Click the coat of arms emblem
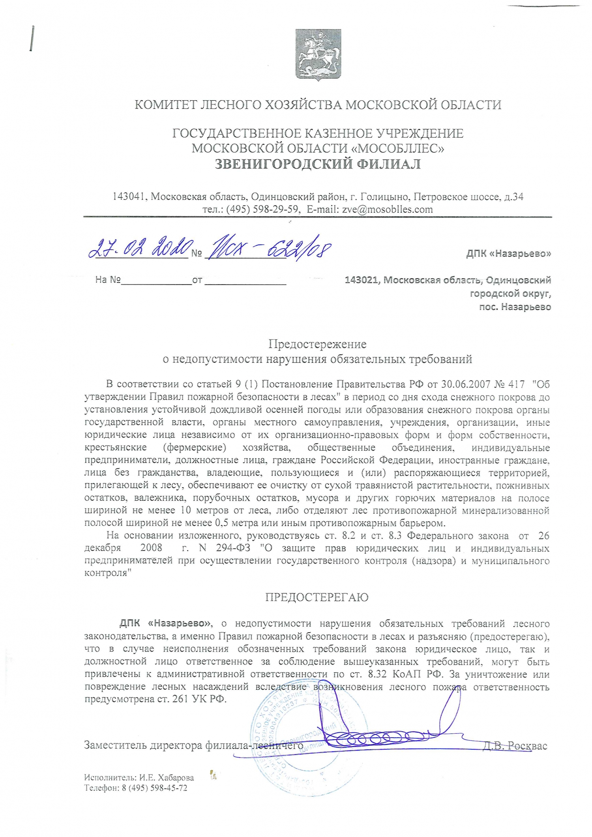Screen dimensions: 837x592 pos(318,55)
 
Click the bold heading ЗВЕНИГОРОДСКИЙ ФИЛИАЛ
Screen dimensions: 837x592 pos(317,164)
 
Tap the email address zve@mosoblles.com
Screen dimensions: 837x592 pos(387,210)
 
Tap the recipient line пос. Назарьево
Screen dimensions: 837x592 pos(515,307)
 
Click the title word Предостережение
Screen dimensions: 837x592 pos(317,344)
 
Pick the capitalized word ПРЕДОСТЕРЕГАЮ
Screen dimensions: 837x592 pos(317,597)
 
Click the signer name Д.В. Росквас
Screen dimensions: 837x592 pos(515,746)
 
